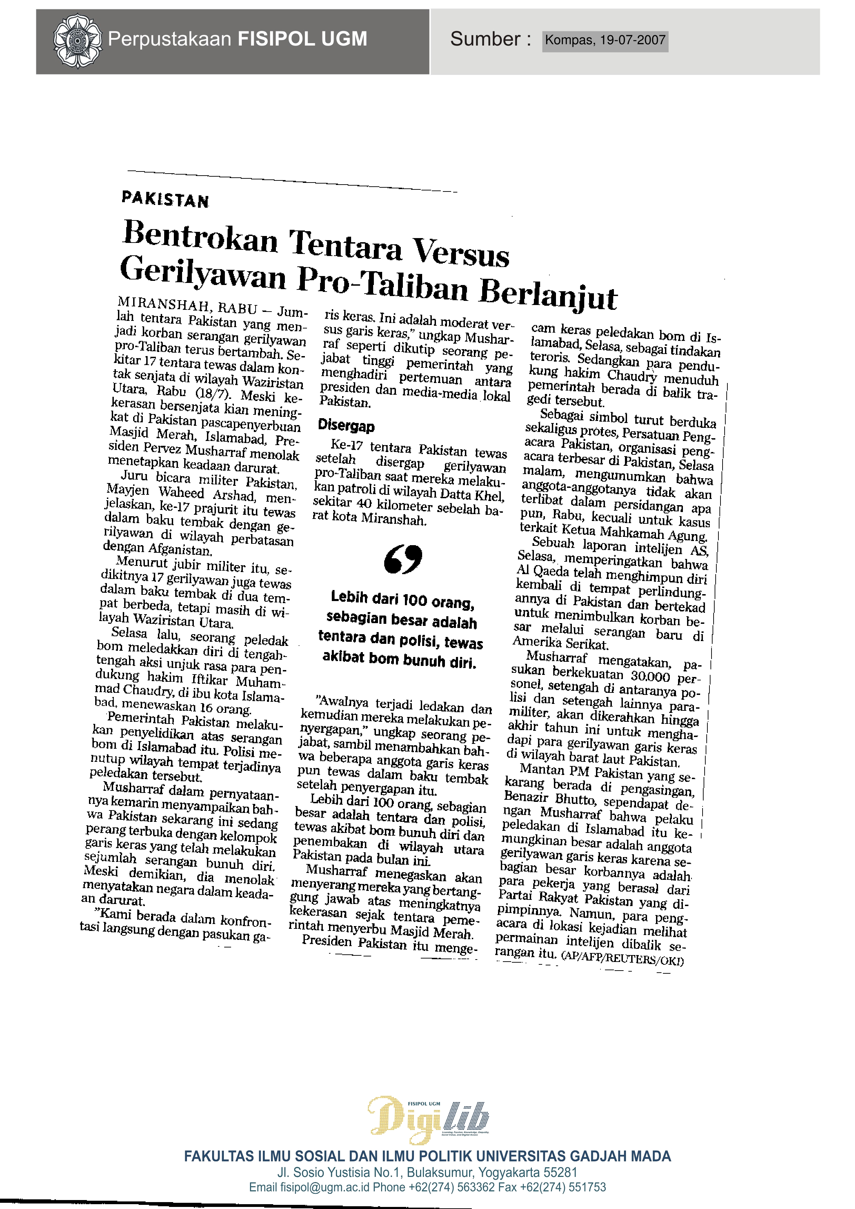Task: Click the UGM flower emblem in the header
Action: pos(77,41)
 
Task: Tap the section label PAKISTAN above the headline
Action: pos(165,199)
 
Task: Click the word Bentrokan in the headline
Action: pos(201,237)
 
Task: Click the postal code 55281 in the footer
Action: pos(560,1173)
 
